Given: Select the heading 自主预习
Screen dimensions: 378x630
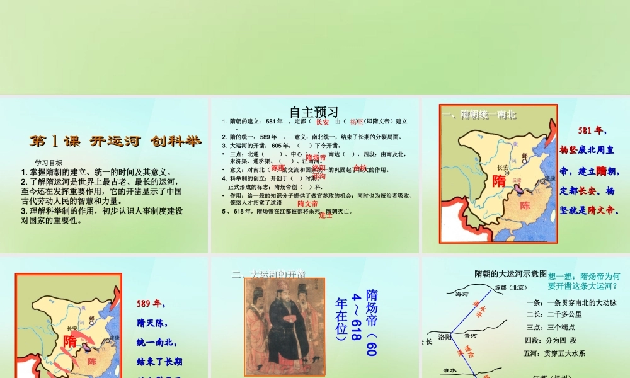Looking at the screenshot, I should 314,112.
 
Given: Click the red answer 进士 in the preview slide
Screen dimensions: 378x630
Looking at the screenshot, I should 326,215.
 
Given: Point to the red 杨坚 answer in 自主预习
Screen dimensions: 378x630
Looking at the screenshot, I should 357,122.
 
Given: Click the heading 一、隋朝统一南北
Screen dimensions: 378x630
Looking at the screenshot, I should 479,115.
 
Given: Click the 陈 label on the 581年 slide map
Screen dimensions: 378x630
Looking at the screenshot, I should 525,205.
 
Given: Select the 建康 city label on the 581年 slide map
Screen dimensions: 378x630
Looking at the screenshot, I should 549,179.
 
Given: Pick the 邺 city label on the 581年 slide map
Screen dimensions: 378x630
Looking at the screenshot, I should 525,156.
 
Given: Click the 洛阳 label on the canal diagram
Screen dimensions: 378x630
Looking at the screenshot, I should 445,337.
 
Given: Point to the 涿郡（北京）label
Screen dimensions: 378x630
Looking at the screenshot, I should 510,288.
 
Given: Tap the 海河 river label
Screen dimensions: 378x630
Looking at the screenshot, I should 462,294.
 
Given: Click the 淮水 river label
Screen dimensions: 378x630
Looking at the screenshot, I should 449,370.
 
